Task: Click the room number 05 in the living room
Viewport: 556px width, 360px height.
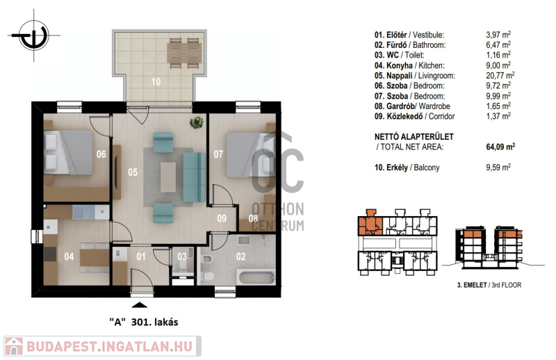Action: (133, 172)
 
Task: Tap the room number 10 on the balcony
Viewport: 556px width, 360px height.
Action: (156, 82)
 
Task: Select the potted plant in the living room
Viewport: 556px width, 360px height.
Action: (197, 123)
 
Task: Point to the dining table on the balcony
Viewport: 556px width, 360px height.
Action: (184, 53)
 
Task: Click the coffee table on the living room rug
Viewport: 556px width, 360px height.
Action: (168, 177)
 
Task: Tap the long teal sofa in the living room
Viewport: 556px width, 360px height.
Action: (195, 177)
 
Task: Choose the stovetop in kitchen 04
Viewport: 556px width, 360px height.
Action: (50, 254)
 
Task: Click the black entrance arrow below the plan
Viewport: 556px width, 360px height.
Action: (140, 304)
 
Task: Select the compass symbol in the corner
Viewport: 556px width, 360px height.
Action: (34, 35)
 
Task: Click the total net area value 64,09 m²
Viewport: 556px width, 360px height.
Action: (500, 147)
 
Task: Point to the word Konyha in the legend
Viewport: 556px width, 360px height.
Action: (399, 65)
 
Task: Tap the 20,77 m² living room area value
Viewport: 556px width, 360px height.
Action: (500, 75)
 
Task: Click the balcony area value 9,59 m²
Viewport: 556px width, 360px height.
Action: (498, 167)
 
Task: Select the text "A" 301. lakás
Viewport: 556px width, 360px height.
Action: (144, 322)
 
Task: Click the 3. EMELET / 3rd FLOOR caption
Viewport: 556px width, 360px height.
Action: (489, 285)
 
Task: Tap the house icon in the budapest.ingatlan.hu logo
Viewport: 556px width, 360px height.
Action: (14, 346)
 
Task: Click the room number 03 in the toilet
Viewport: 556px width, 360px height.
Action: (182, 256)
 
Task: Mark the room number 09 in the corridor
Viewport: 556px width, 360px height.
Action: (222, 218)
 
